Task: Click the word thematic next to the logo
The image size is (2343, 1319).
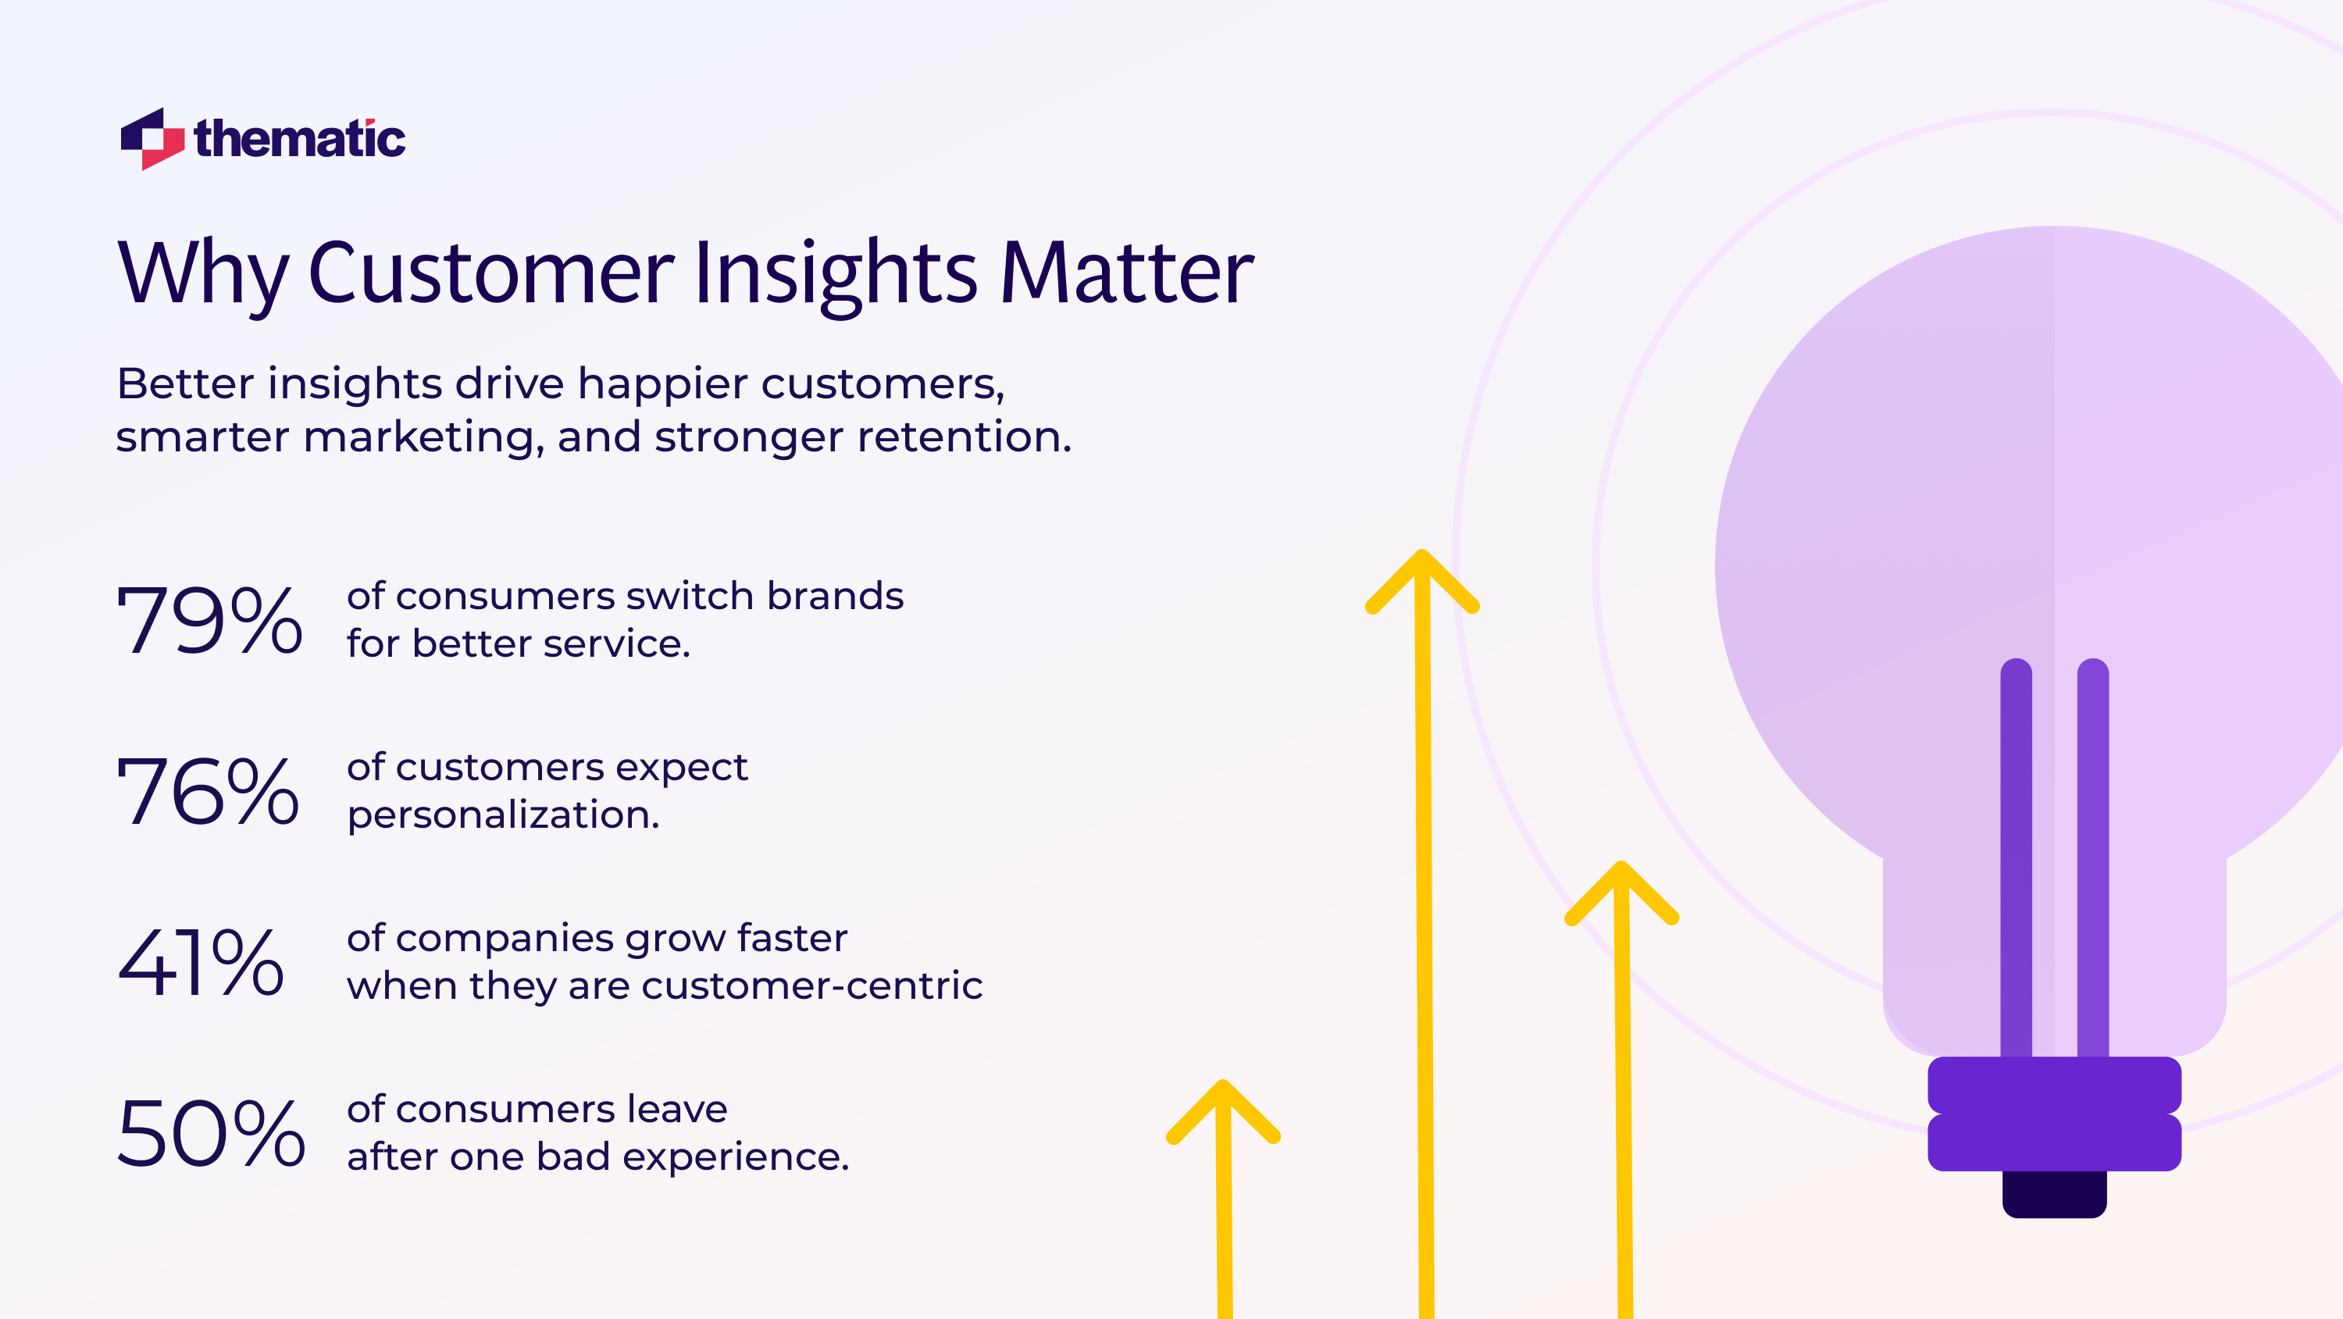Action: point(299,139)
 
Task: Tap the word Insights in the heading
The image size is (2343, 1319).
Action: point(835,273)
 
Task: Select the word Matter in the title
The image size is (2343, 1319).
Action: point(1126,273)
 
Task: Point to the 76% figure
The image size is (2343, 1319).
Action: point(209,791)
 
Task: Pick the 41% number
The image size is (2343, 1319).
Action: point(201,962)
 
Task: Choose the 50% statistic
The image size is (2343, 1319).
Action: point(210,1133)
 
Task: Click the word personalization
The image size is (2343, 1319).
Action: point(502,815)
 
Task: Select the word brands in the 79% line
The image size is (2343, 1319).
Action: point(834,597)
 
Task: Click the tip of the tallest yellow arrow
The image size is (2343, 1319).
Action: point(1421,557)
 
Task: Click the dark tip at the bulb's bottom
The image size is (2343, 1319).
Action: point(2054,1193)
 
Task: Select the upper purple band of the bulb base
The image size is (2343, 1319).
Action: point(2054,1084)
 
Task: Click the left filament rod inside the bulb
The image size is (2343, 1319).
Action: point(2016,855)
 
